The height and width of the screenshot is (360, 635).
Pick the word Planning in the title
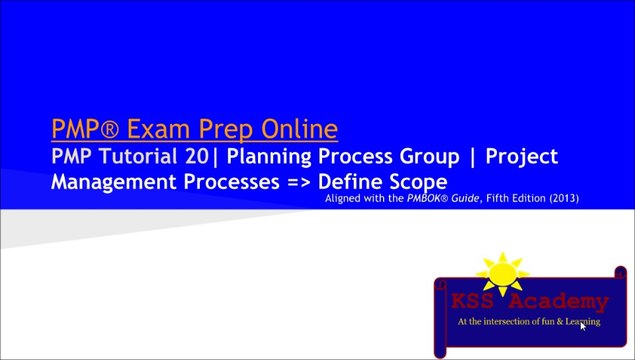click(262, 158)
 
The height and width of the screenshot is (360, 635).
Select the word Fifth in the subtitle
click(493, 199)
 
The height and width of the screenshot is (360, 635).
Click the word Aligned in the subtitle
click(347, 199)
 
